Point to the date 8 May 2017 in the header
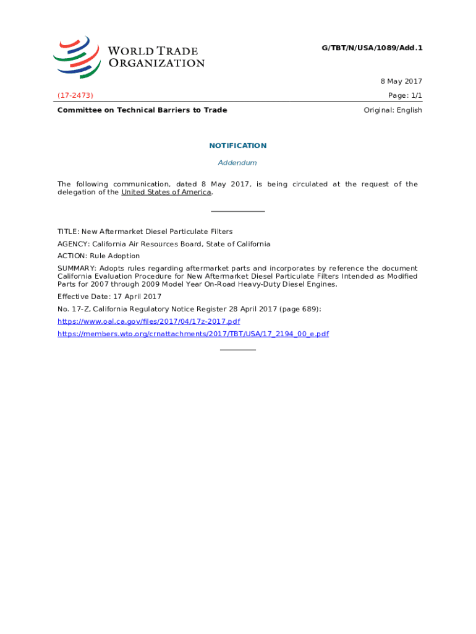tap(401, 82)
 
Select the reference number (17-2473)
tap(75, 95)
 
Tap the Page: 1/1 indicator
tap(405, 95)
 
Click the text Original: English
tap(393, 110)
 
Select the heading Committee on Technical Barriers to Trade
tap(142, 110)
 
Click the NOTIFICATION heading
tap(237, 145)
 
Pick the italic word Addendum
tap(237, 163)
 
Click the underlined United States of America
tap(166, 192)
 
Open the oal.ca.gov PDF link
tap(148, 321)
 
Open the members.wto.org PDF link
tap(193, 334)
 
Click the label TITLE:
tap(68, 232)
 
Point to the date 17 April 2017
tap(134, 297)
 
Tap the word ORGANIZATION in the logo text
tap(156, 63)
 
